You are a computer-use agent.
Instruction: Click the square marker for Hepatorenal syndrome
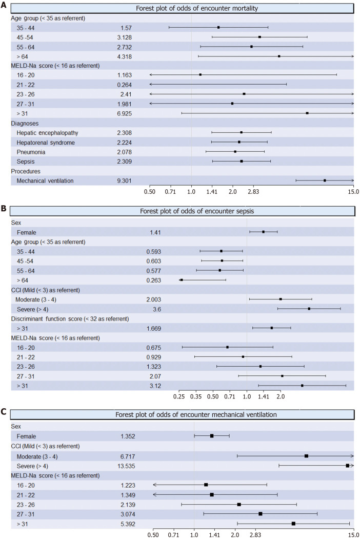[239, 142]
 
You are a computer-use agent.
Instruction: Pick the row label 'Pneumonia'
[31, 152]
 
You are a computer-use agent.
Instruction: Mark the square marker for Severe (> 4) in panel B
[309, 309]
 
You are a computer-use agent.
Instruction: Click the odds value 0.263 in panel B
[154, 280]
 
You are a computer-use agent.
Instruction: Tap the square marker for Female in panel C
[212, 436]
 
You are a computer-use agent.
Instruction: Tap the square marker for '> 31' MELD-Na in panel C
[293, 524]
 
